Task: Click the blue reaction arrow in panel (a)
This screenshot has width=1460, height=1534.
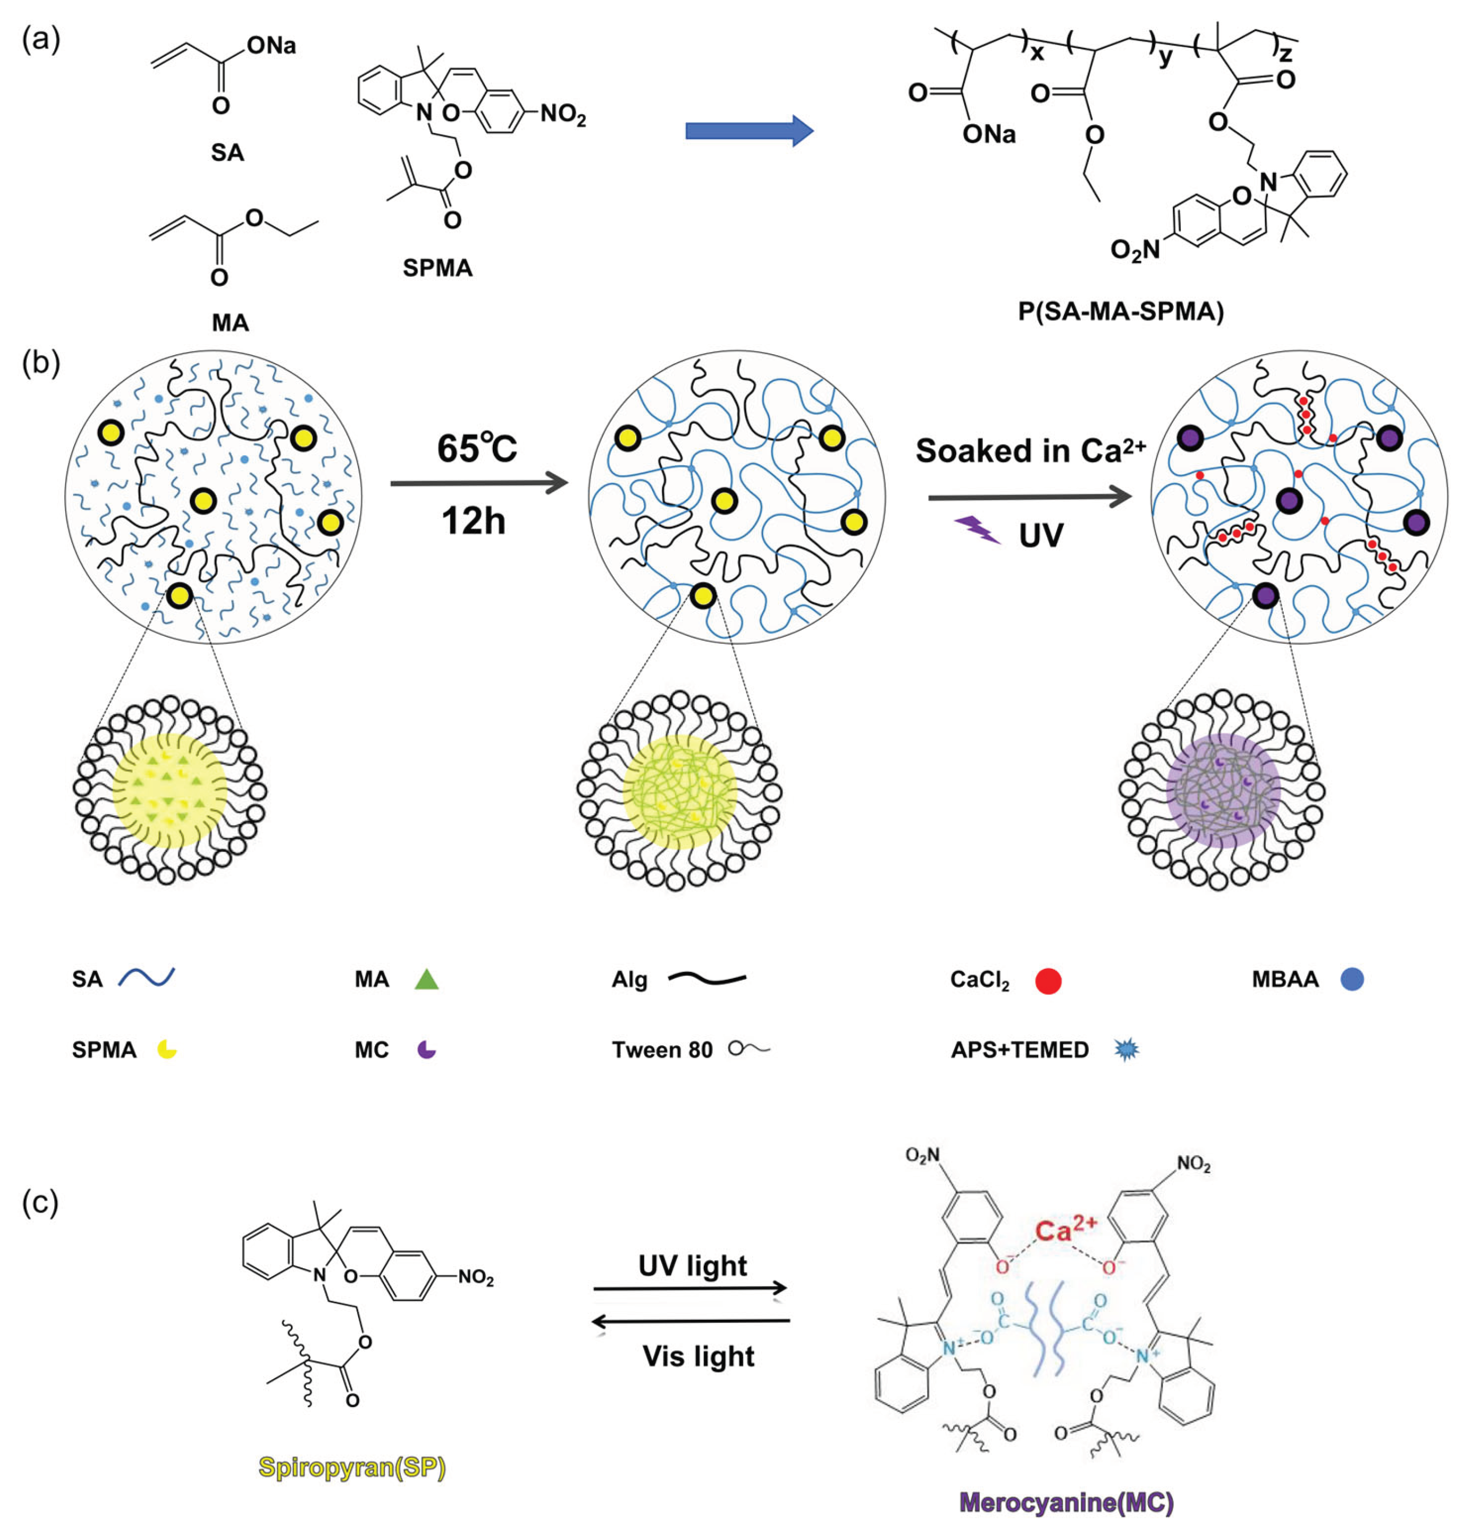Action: point(749,131)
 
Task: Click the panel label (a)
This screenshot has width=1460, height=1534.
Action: point(40,39)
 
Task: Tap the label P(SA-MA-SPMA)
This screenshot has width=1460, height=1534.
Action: point(1121,312)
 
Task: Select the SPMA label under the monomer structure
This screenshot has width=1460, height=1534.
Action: point(438,268)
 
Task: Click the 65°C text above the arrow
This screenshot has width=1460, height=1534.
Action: point(476,448)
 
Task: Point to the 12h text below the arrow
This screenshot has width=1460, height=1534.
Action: point(473,520)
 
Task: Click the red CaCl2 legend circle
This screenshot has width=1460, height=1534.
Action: point(1048,981)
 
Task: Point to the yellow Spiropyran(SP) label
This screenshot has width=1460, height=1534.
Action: point(352,1468)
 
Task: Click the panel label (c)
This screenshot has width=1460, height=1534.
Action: point(40,1202)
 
